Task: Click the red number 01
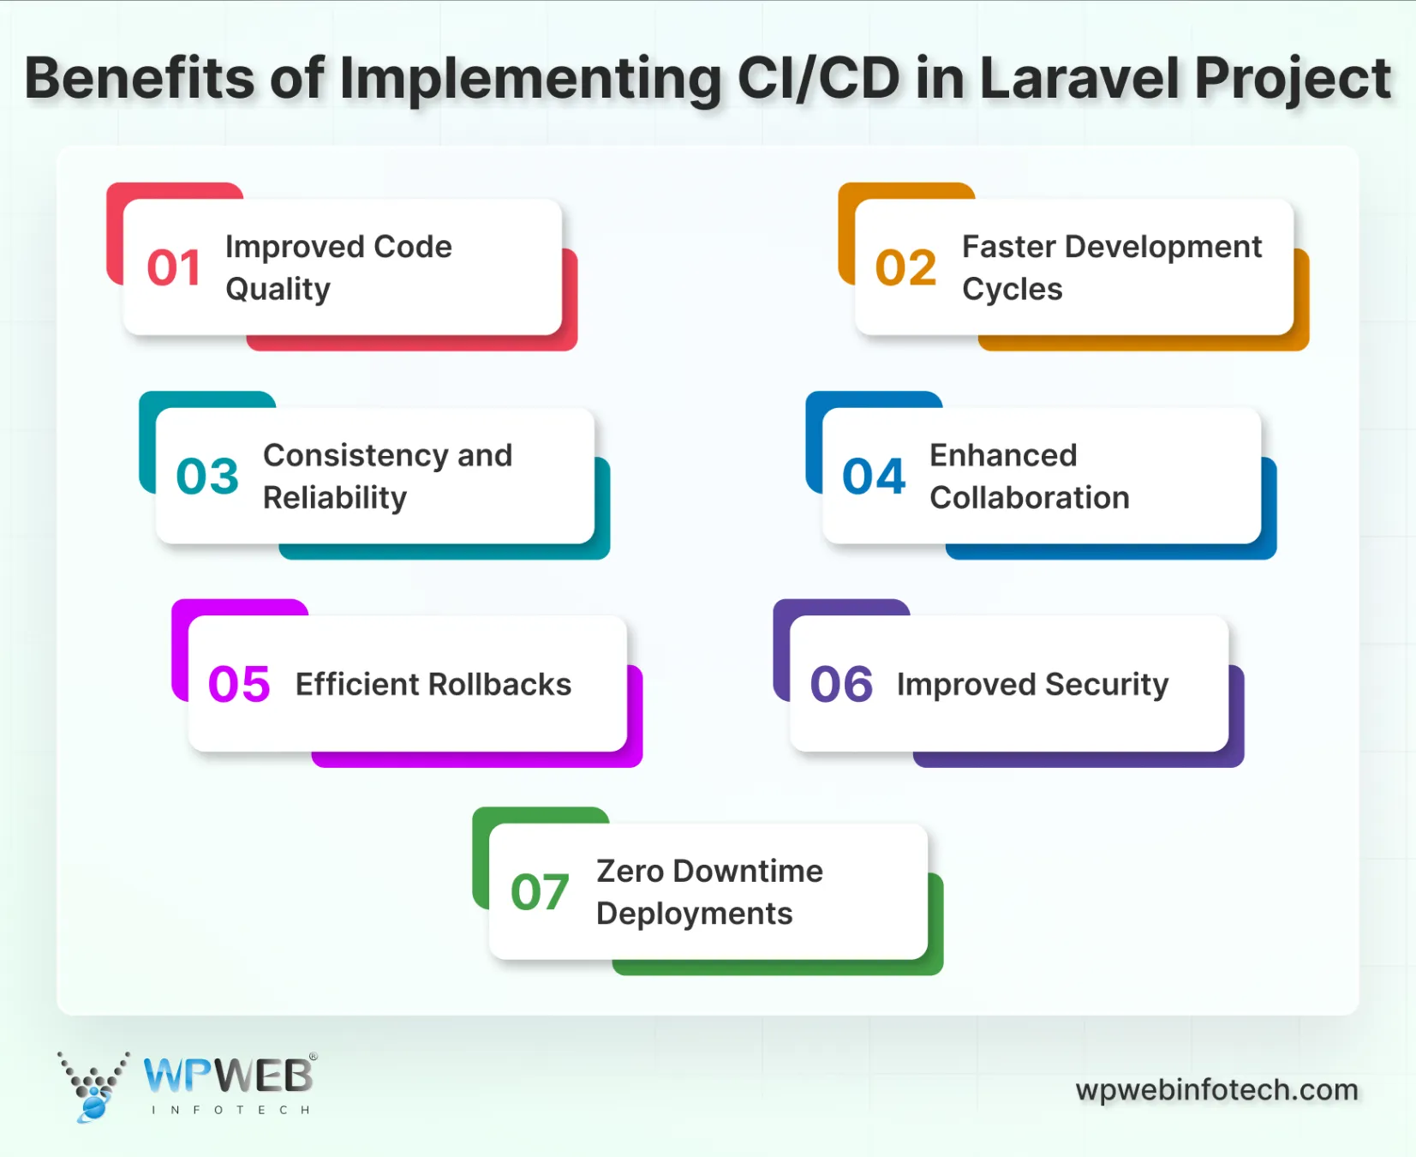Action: (174, 268)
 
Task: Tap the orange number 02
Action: (905, 268)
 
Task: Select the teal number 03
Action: (207, 477)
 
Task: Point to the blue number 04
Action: (874, 477)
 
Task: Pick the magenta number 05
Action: (239, 685)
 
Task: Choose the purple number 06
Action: (841, 685)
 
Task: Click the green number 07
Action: (540, 892)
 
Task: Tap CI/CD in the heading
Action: (818, 79)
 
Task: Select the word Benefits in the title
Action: (140, 79)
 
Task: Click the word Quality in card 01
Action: (278, 290)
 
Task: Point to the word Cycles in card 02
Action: (1012, 290)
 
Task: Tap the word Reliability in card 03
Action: (335, 498)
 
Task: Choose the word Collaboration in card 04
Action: (1030, 498)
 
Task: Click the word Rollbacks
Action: (499, 685)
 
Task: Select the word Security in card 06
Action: (1107, 685)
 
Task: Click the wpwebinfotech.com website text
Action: (1216, 1090)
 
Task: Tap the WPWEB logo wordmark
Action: (228, 1076)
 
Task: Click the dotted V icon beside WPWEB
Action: (93, 1085)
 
